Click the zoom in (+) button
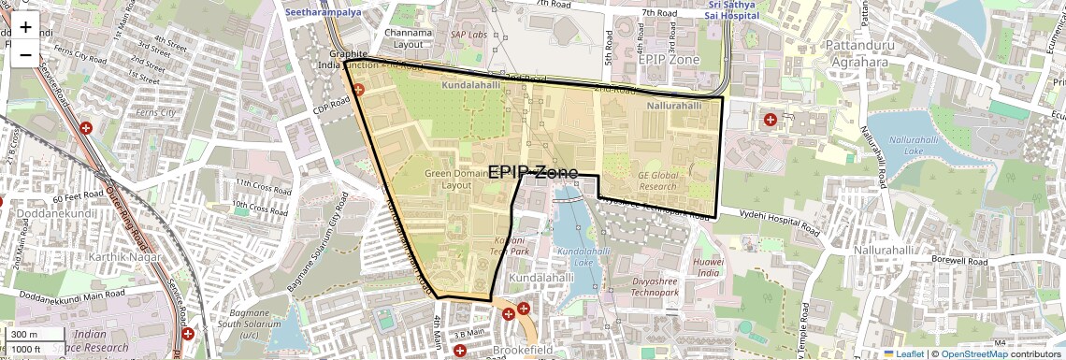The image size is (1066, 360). pyautogui.click(x=25, y=27)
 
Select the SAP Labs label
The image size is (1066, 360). pyautogui.click(x=468, y=35)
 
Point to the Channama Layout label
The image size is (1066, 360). pyautogui.click(x=414, y=38)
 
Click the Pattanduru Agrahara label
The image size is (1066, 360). pyautogui.click(x=857, y=53)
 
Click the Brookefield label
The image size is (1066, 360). pyautogui.click(x=524, y=350)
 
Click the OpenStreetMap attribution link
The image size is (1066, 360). pyautogui.click(x=973, y=354)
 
